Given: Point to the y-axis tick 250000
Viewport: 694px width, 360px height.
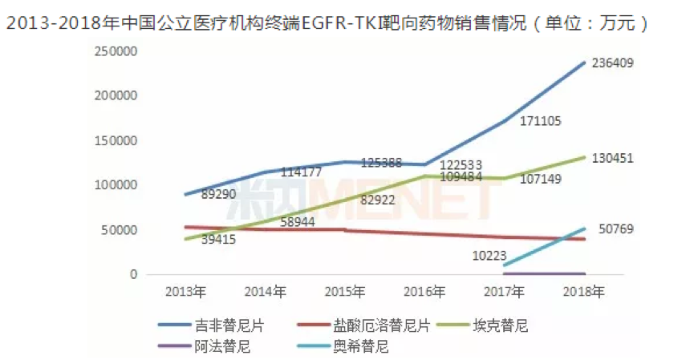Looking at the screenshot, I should click(118, 51).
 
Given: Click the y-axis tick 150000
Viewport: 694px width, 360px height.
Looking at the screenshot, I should click(118, 141).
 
